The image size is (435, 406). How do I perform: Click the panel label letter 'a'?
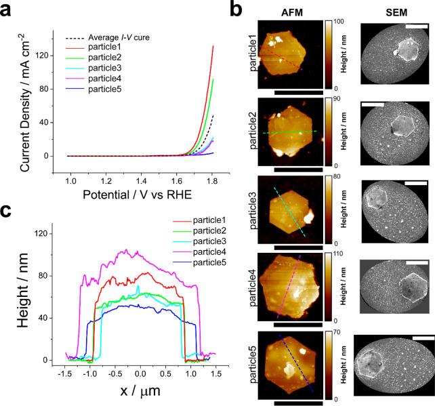9,9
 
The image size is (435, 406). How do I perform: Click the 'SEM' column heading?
393,12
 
